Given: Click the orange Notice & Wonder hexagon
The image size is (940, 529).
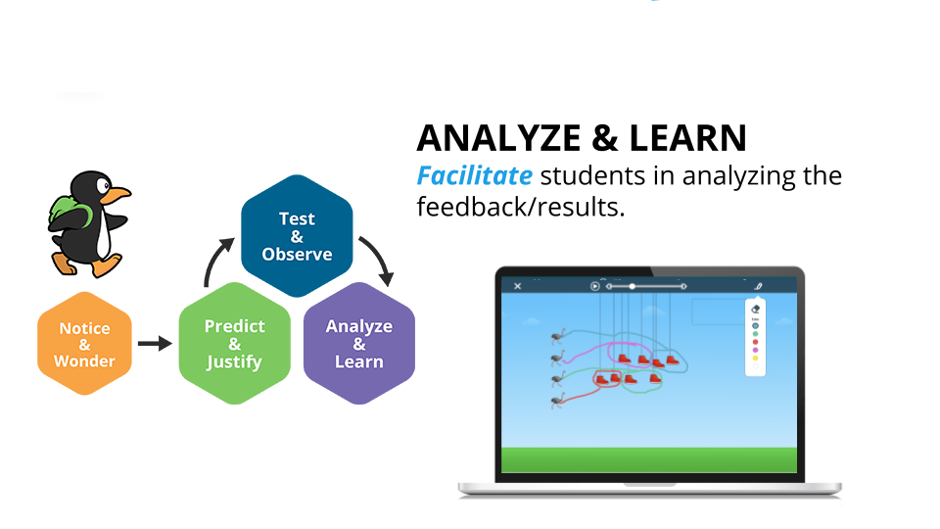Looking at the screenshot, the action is (84, 344).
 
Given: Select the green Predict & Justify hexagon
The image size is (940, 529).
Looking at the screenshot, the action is (234, 344).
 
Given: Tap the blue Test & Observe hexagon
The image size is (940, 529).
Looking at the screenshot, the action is (297, 236).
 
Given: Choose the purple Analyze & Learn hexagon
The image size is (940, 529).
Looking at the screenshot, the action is (359, 344).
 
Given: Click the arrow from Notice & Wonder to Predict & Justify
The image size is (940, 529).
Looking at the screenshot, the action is (155, 344).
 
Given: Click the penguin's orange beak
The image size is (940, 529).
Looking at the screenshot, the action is (116, 194).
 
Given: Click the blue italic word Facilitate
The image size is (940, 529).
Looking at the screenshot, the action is (474, 176).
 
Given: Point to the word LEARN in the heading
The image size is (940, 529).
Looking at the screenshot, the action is (687, 138).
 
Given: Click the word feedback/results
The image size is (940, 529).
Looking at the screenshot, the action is (520, 207).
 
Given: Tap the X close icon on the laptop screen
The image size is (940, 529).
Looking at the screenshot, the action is (518, 286).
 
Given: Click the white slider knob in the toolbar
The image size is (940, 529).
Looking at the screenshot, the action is (632, 286).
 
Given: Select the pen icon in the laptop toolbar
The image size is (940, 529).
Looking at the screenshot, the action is (758, 286).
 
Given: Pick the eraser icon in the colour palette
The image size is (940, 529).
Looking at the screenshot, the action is (755, 310).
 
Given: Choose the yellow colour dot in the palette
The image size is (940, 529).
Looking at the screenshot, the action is (755, 359).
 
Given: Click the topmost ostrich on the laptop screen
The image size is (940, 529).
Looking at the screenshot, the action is (558, 338).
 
